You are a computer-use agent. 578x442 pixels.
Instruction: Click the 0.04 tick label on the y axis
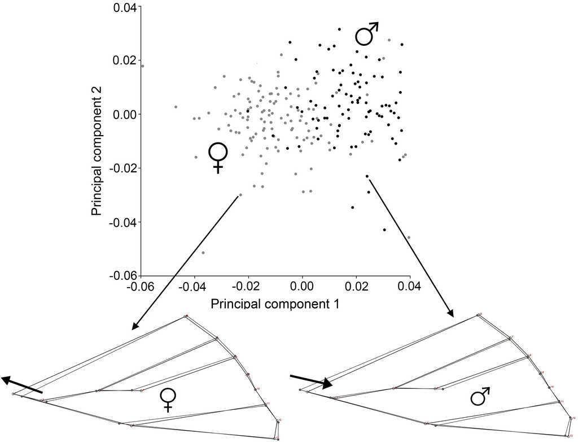click(x=125, y=7)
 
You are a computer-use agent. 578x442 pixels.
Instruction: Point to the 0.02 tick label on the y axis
click(x=125, y=60)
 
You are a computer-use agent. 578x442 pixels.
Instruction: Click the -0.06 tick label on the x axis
click(x=141, y=288)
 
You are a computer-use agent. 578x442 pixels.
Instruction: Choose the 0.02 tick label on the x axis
click(x=356, y=288)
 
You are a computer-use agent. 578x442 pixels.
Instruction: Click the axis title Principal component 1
click(x=275, y=304)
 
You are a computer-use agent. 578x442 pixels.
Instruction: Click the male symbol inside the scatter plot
click(x=366, y=33)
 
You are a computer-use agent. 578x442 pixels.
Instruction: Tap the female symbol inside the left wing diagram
click(x=168, y=399)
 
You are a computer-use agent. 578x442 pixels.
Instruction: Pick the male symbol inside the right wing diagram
click(x=480, y=397)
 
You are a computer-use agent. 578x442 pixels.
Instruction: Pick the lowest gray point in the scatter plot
click(x=203, y=252)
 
